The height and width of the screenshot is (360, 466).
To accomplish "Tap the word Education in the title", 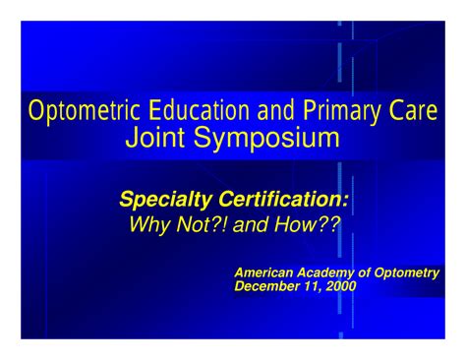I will pos(196,110).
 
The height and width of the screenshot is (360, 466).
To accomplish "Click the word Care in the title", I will pos(414,110).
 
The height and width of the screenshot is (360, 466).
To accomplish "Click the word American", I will pos(265,272).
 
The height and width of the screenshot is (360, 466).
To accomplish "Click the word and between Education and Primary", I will pos(277,110).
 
